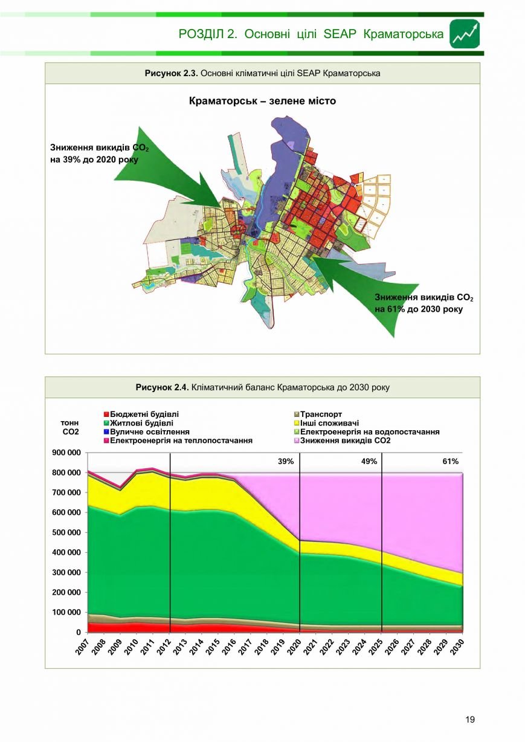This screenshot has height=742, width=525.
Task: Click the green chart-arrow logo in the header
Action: [465, 34]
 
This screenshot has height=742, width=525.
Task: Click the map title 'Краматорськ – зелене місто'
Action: [262, 101]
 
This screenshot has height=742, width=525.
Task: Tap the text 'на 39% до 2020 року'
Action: [94, 160]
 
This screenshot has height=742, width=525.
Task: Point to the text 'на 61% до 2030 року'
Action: [419, 309]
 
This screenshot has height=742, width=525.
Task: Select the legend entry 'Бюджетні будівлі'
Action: [141, 414]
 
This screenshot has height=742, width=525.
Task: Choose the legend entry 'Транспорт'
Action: [318, 414]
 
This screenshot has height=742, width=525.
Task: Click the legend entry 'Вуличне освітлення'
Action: [147, 432]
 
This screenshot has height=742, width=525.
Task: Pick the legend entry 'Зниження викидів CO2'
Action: [343, 440]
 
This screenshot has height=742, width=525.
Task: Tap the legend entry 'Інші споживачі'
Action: [327, 423]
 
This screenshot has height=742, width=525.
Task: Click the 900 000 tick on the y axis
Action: [66, 453]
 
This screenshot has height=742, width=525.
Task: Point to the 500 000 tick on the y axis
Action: [66, 533]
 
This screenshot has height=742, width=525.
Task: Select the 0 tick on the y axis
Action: [79, 633]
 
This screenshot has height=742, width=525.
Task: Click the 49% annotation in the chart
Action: [369, 462]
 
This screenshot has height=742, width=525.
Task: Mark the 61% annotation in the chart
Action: [451, 462]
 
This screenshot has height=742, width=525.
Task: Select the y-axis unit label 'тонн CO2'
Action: [70, 427]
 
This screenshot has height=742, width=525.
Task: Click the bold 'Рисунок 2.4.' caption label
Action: [163, 387]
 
